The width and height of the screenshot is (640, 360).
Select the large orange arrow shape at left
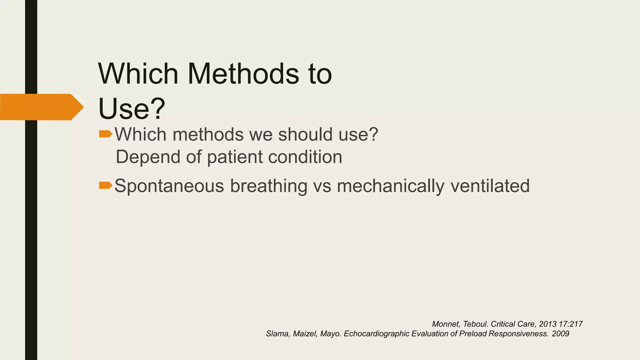[41, 107]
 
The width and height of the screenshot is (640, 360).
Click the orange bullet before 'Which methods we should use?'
[105, 134]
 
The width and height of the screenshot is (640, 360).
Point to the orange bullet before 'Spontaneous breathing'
[105, 186]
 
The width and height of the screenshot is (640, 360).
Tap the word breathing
[269, 186]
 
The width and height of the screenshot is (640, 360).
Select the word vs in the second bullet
[322, 186]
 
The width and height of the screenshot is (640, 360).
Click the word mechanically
[391, 186]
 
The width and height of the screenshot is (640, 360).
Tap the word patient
[235, 157]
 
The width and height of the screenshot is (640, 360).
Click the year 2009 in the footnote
[561, 334]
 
